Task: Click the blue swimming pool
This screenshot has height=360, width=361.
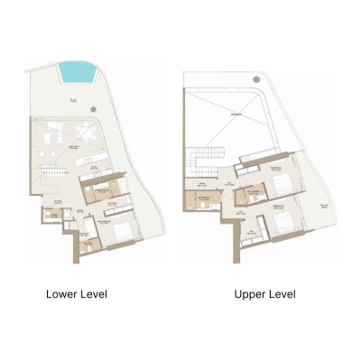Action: pyautogui.click(x=77, y=69)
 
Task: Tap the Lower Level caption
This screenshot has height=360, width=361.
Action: pyautogui.click(x=77, y=294)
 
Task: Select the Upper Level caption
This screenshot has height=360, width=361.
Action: pyautogui.click(x=264, y=294)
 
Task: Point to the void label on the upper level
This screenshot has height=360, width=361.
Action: pyautogui.click(x=237, y=115)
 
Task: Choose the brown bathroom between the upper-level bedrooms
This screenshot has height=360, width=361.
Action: pyautogui.click(x=250, y=195)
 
